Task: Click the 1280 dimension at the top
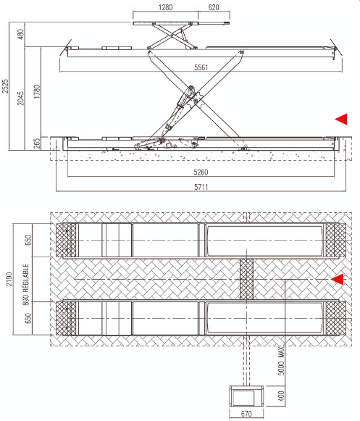(165, 7)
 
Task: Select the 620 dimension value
(214, 7)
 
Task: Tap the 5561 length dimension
(201, 67)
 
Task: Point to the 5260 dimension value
(201, 172)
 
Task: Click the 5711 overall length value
(201, 187)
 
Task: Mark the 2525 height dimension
(6, 86)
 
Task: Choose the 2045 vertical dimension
(21, 99)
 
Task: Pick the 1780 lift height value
(37, 91)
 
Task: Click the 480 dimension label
(21, 34)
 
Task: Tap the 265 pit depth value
(37, 143)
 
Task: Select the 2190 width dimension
(9, 279)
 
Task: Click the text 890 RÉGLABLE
(26, 284)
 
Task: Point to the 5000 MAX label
(281, 361)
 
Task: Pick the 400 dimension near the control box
(281, 396)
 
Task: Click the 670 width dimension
(246, 414)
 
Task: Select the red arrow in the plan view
(338, 279)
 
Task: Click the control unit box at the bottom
(246, 396)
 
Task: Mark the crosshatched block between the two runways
(246, 279)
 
